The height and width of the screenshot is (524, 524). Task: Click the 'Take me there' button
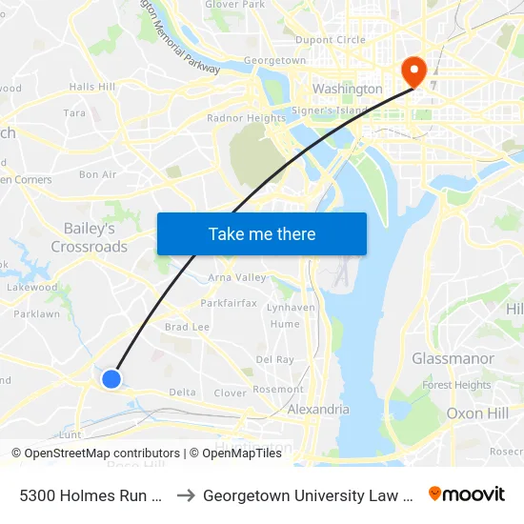tap(262, 233)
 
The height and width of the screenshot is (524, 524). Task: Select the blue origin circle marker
tap(111, 379)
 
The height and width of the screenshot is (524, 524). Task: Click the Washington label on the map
tap(348, 89)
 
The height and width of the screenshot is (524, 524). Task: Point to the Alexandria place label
tap(318, 410)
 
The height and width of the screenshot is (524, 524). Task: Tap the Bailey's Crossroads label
tap(90, 238)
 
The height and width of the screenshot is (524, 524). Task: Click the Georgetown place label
tap(274, 60)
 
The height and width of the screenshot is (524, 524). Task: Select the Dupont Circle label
tap(331, 40)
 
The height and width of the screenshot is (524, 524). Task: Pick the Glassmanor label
tap(453, 358)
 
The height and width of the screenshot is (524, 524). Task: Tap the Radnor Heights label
tap(246, 118)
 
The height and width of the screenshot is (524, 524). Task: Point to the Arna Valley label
tap(237, 278)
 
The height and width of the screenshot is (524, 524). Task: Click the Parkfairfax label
tap(229, 304)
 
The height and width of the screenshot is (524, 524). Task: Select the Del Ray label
tap(274, 360)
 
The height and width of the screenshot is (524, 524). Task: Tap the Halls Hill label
tap(92, 87)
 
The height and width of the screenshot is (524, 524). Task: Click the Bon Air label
tap(97, 174)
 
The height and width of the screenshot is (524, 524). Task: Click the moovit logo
tap(467, 494)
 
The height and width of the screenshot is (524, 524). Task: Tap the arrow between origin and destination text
tap(187, 495)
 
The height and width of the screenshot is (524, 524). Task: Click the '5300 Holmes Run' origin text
tap(91, 495)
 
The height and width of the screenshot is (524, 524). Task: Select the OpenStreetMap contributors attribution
tap(95, 453)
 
